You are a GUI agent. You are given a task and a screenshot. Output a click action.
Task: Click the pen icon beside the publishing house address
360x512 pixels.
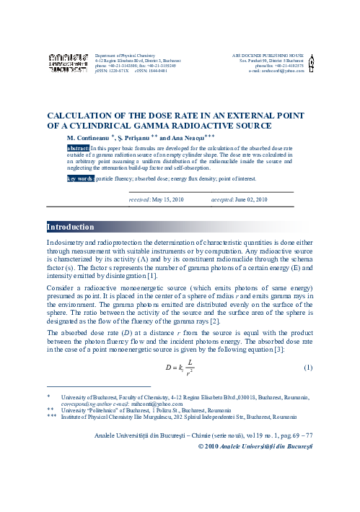[310, 63]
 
